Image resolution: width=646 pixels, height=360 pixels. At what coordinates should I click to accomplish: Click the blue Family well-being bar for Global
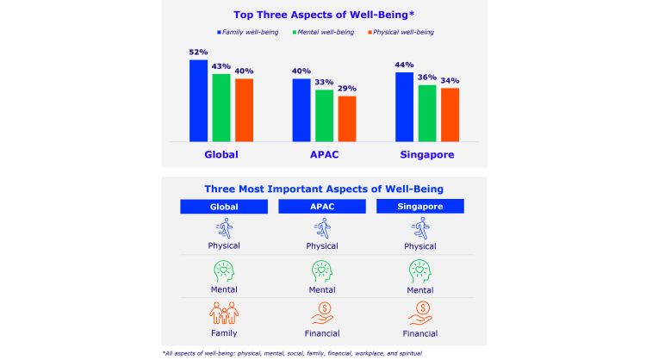198,100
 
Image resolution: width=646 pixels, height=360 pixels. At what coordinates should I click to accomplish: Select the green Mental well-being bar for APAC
324,115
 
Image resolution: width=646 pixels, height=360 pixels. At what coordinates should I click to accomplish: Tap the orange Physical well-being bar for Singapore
450,115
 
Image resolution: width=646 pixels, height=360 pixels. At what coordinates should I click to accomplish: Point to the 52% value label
198,53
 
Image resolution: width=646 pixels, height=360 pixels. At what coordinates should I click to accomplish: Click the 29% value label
347,88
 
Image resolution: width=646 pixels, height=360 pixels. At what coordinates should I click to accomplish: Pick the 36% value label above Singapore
426,77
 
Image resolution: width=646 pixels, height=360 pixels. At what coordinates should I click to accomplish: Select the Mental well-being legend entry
324,33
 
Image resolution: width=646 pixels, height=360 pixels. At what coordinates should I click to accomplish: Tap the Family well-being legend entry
248,33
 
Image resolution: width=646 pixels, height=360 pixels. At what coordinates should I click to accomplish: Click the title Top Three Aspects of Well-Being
324,15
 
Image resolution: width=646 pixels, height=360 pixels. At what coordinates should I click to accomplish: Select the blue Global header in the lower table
224,207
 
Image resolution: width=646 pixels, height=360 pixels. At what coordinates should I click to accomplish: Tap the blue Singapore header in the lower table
421,207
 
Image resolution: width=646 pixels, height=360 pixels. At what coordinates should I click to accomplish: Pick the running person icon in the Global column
224,228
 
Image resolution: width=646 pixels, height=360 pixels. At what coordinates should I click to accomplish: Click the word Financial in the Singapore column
421,332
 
